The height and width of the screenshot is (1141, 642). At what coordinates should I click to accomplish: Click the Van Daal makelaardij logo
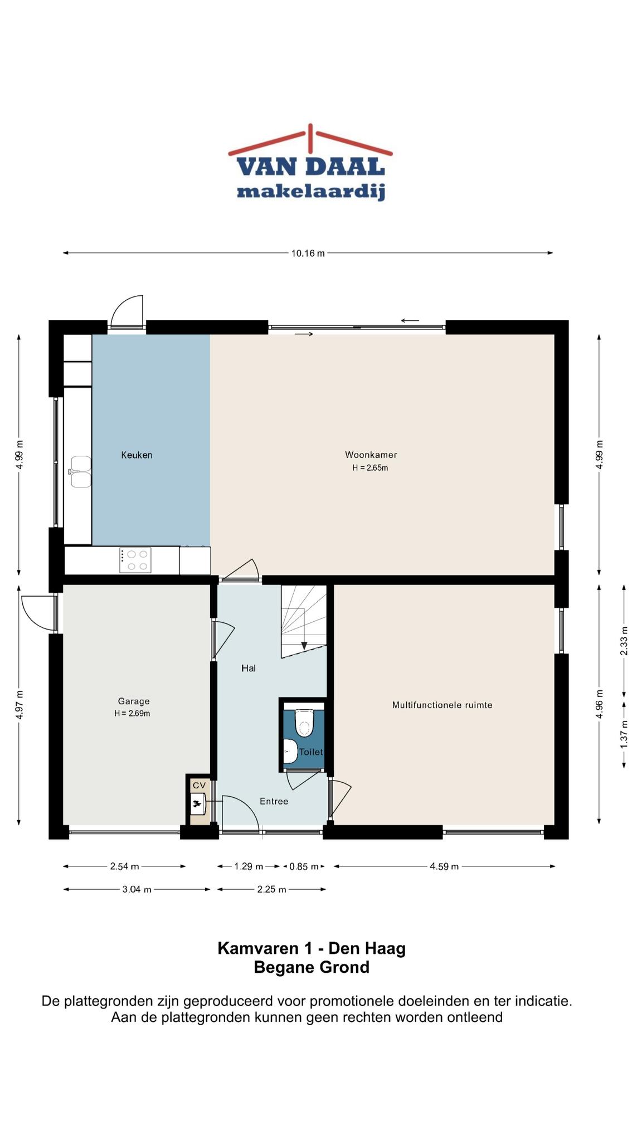310,162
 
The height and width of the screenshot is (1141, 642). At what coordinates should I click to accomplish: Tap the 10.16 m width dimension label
308,253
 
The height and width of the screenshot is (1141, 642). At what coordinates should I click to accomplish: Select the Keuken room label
137,455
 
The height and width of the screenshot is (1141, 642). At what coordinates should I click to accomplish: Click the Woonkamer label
371,455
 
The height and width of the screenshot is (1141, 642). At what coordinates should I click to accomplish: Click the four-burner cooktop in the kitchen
135,560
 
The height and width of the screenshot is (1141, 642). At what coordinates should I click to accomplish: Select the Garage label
134,701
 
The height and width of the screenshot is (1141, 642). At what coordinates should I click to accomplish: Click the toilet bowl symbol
304,723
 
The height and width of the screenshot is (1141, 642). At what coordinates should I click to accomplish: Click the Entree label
274,801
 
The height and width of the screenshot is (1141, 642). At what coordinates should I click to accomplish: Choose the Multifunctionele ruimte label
442,705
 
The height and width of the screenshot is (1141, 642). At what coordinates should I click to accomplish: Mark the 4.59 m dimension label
444,866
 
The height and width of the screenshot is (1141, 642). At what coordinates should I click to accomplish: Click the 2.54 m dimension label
124,866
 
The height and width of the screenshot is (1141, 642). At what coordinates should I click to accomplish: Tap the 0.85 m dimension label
304,866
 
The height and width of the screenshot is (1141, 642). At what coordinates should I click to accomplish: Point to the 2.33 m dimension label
624,641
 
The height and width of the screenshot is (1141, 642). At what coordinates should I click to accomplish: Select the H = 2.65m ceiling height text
370,468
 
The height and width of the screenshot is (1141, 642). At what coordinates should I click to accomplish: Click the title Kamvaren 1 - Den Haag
312,948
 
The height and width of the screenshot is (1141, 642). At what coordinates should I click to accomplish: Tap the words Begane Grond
312,967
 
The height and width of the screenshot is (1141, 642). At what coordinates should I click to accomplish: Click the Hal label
249,668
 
